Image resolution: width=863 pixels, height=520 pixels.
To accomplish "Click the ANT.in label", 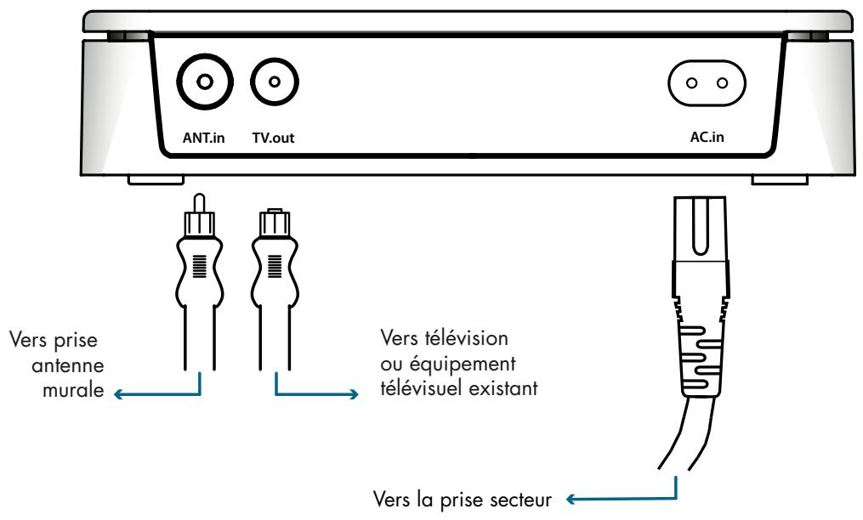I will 203,135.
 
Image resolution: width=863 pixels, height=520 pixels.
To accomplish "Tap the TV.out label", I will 275,135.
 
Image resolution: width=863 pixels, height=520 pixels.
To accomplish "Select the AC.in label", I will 707,135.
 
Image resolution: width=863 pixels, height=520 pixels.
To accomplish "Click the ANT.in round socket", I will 204,82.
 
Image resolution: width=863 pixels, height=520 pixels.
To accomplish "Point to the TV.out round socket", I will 274,82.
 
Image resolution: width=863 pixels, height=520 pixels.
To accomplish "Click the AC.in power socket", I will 707,83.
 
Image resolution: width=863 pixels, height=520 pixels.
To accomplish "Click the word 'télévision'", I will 467,340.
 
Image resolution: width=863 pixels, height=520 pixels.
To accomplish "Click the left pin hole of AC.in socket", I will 691,83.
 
